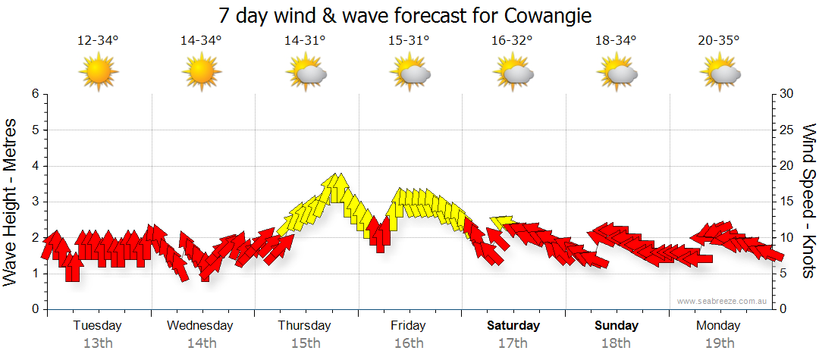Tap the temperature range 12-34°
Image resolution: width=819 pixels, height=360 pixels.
pyautogui.click(x=98, y=41)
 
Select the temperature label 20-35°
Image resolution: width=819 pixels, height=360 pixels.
pyautogui.click(x=718, y=41)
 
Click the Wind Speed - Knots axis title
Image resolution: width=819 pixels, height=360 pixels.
pyautogui.click(x=808, y=201)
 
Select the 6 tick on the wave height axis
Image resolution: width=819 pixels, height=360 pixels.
pyautogui.click(x=34, y=94)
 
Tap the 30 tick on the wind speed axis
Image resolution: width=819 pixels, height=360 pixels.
pyautogui.click(x=788, y=94)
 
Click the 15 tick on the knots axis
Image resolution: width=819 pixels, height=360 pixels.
pyautogui.click(x=788, y=202)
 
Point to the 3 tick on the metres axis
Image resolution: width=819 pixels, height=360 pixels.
pyautogui.click(x=34, y=202)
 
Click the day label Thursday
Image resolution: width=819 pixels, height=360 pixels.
pyautogui.click(x=304, y=326)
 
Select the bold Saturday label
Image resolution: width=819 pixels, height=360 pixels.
pyautogui.click(x=513, y=326)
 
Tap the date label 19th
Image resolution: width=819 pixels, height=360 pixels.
pyautogui.click(x=719, y=343)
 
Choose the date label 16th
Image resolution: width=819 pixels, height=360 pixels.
pyautogui.click(x=409, y=343)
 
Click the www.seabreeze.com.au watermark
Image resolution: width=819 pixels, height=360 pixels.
pyautogui.click(x=723, y=302)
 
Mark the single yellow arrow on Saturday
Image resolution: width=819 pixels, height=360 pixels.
pyautogui.click(x=502, y=221)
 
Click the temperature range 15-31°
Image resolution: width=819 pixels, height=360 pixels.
pyautogui.click(x=409, y=41)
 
